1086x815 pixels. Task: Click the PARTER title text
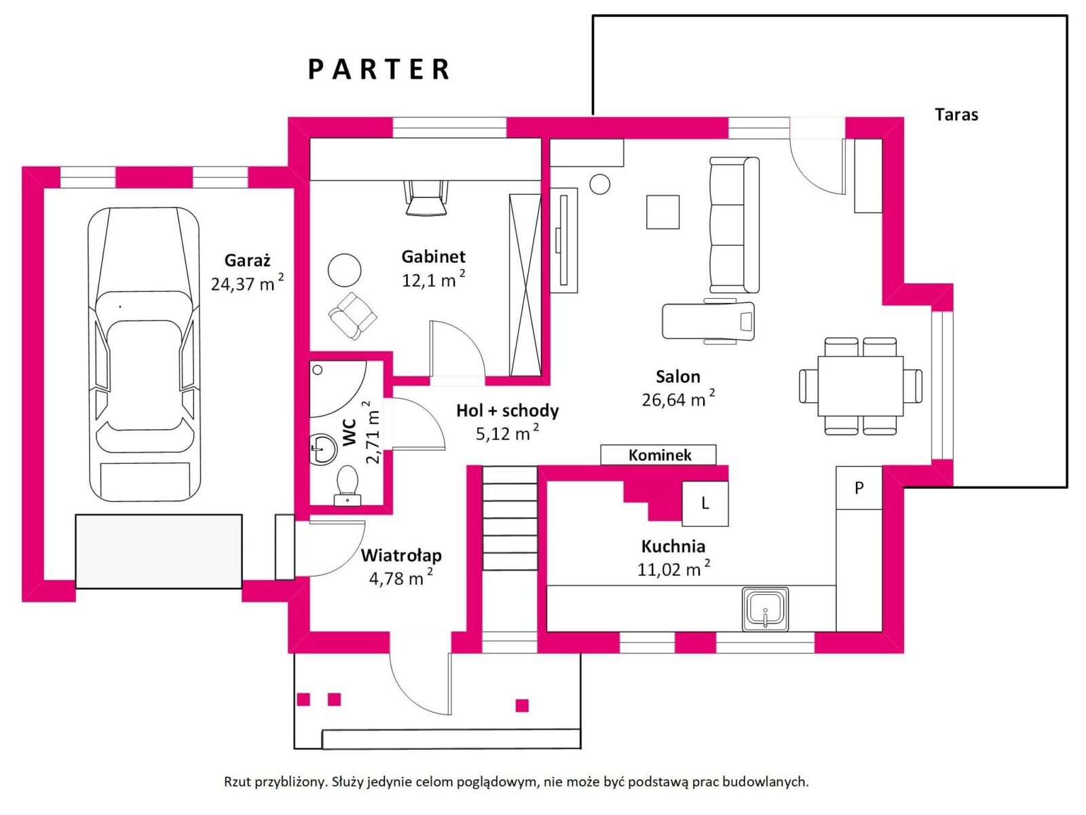[379, 69]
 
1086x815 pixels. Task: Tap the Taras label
[956, 115]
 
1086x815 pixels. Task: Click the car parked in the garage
[144, 355]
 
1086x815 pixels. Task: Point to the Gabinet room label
[433, 256]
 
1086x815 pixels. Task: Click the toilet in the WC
[347, 485]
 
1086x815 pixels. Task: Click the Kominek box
[658, 455]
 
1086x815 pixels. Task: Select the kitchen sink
[765, 609]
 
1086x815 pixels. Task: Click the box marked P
[859, 488]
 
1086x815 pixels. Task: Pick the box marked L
[705, 503]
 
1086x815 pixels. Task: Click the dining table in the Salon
[861, 386]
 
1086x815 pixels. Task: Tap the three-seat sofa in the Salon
[734, 225]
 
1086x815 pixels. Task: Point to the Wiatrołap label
[400, 555]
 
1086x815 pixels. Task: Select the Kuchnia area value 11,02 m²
[673, 569]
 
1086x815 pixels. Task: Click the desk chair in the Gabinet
[426, 198]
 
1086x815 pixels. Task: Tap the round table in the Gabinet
[344, 270]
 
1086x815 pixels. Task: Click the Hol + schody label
[507, 410]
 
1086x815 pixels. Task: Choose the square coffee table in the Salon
[662, 212]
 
